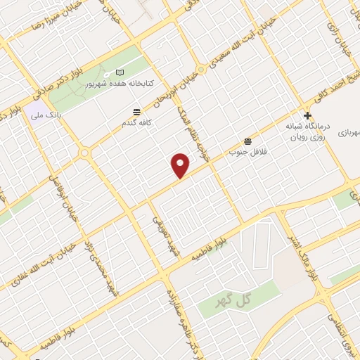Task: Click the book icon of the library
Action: click(119, 72)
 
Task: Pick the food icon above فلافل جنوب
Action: click(247, 141)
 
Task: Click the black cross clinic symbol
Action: click(307, 115)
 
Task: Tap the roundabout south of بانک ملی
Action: click(85, 152)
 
